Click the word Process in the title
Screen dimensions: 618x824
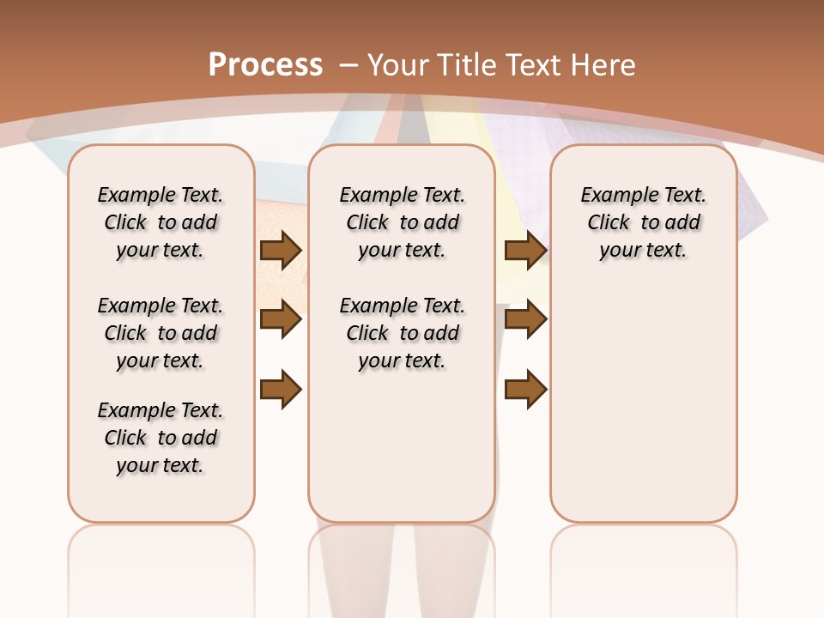click(265, 65)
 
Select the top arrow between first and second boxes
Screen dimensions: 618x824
click(281, 251)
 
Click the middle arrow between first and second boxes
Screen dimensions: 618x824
click(281, 320)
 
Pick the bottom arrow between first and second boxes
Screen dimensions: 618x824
click(281, 390)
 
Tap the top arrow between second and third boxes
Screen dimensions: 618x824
click(525, 251)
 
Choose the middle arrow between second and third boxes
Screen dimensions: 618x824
click(525, 320)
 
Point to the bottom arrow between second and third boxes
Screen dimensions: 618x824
click(525, 390)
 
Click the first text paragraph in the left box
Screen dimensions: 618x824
click(161, 222)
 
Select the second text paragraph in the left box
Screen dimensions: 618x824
click(161, 333)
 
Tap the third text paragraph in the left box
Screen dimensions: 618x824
click(161, 438)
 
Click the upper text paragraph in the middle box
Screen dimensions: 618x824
click(402, 222)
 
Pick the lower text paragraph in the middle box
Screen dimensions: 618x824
click(402, 333)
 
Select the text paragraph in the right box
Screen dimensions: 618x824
click(644, 222)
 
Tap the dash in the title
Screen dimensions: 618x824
click(348, 65)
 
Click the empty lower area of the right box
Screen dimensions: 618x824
click(644, 403)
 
